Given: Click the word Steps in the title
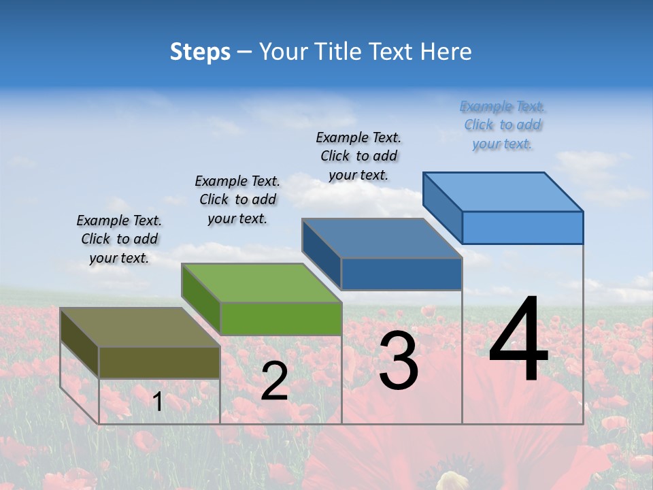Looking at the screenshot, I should [200, 52].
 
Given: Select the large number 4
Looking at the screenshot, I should [518, 340].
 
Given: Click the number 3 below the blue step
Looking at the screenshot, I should [398, 361].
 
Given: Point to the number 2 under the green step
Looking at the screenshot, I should [274, 381].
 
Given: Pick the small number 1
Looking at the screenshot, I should [158, 402].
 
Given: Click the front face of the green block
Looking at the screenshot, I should [281, 318].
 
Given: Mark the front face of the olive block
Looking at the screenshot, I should [159, 363].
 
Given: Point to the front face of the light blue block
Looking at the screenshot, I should [522, 227].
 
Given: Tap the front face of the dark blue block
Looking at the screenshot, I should [401, 274].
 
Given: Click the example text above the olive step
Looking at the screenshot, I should [119, 239].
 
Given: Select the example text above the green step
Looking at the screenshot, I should [237, 199].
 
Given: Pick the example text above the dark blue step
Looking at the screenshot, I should [358, 156].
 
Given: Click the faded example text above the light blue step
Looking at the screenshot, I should [502, 125].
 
